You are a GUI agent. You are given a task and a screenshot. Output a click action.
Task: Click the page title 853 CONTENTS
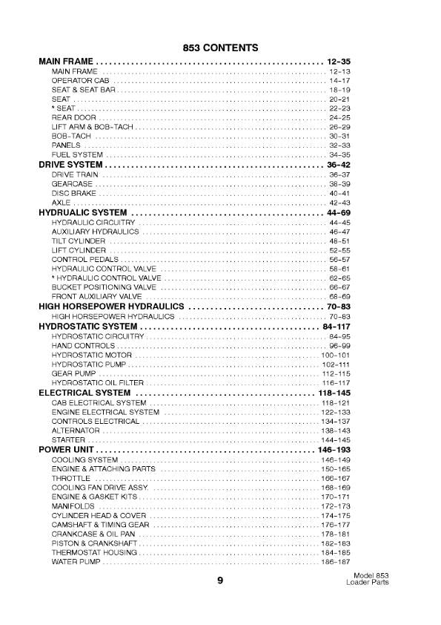(220, 48)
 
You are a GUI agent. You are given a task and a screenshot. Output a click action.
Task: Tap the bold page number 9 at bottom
(220, 581)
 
